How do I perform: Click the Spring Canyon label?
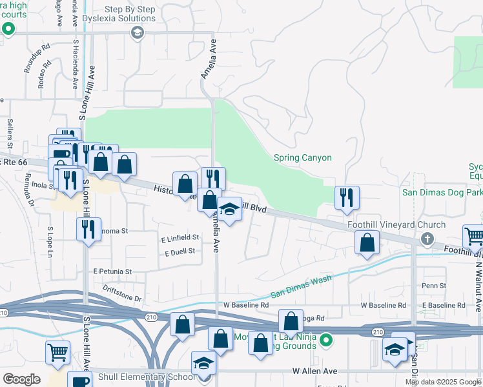[302, 157]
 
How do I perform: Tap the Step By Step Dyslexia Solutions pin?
[136, 33]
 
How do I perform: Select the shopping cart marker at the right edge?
[473, 237]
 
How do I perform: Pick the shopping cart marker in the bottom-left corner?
[57, 353]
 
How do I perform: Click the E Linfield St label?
[180, 238]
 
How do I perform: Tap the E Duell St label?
[180, 252]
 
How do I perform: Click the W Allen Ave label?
[314, 372]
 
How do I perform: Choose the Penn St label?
[433, 285]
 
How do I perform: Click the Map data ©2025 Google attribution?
[442, 382]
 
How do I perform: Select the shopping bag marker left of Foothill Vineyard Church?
[367, 243]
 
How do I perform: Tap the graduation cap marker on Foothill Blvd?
[229, 210]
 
